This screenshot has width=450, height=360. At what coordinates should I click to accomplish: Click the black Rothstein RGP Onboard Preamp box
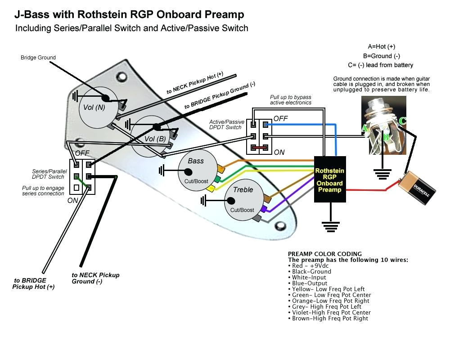click(329, 180)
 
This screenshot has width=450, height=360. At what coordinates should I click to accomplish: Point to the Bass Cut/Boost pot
click(196, 171)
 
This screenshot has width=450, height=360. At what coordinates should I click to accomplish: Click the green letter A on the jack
click(363, 129)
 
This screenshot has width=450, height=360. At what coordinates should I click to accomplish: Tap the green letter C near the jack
click(402, 121)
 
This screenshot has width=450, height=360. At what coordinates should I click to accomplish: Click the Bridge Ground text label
click(38, 58)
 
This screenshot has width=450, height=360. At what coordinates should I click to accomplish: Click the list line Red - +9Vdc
click(310, 265)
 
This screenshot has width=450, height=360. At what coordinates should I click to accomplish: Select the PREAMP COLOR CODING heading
click(324, 254)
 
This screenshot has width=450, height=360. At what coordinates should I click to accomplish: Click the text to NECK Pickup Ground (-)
click(95, 278)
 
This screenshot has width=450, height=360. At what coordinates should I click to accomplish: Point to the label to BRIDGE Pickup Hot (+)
click(33, 283)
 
